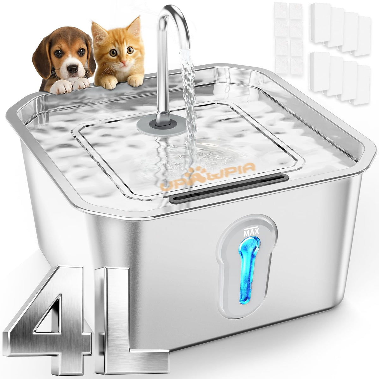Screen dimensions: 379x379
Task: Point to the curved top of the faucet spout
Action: coord(172,13)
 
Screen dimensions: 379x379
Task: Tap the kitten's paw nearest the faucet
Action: coord(135,81)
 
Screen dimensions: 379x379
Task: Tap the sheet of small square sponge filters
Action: coord(289,38)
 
